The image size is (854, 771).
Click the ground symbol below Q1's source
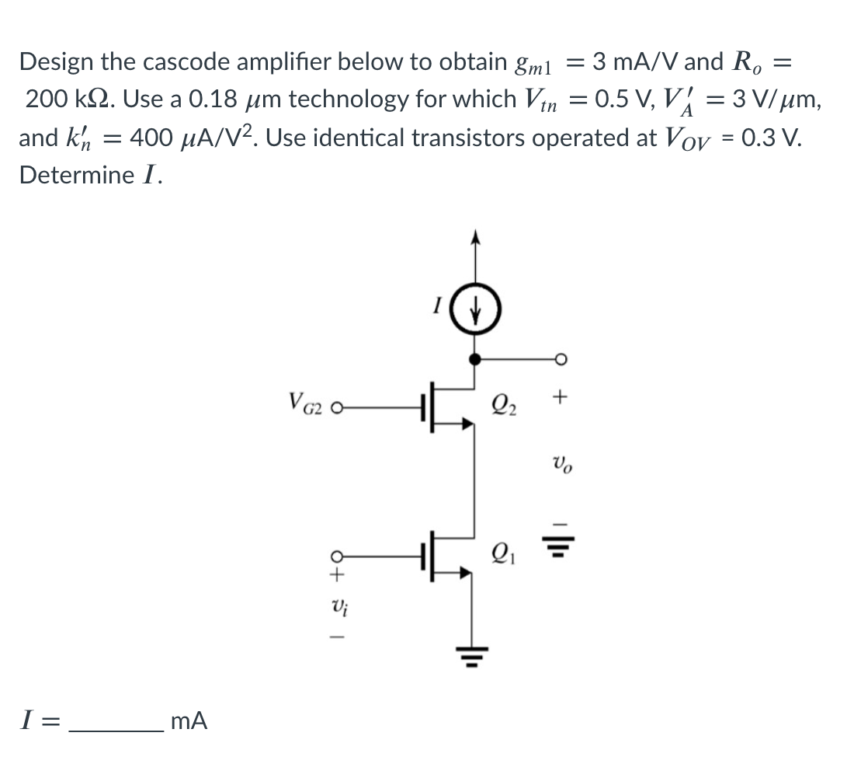click(476, 655)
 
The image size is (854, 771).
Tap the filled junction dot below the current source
click(476, 358)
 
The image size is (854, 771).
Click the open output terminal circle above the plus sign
click(561, 358)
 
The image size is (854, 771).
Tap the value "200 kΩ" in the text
click(66, 99)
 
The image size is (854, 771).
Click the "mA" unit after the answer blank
click(188, 722)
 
